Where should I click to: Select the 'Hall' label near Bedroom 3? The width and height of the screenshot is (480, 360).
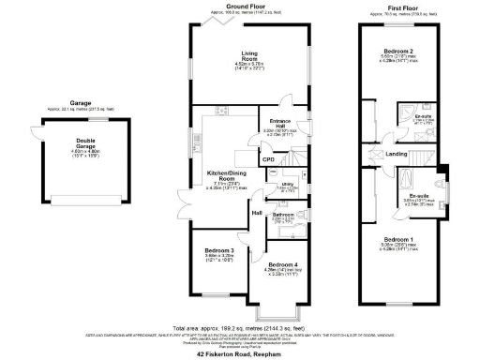tap(256, 214)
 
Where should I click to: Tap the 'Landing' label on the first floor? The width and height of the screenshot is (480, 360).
tap(396, 155)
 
